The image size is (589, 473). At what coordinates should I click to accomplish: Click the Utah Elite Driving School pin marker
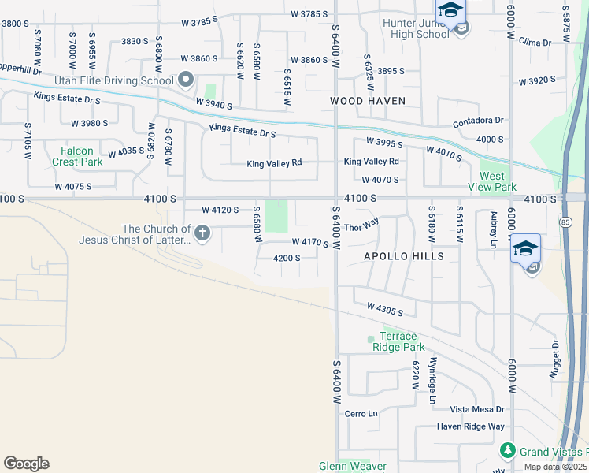[x=186, y=80]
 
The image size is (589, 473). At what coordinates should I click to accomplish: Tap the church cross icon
[x=202, y=233]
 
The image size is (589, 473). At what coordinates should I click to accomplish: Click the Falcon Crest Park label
[x=78, y=156]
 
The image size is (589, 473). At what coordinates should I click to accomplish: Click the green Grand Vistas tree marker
[x=508, y=451]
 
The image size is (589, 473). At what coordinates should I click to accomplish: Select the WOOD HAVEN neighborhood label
[x=367, y=101]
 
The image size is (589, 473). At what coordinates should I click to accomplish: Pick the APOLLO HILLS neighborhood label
[x=403, y=256]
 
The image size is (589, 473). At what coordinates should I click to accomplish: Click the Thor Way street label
[x=361, y=227]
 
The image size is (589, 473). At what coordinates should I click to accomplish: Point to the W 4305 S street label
[x=384, y=310]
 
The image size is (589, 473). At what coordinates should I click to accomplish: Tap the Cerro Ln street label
[x=361, y=413]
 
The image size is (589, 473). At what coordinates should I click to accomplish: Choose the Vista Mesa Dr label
[x=476, y=409]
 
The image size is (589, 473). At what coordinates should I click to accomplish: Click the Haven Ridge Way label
[x=470, y=426]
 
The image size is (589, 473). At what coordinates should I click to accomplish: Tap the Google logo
[x=26, y=463]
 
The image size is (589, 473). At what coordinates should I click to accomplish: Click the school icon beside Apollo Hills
[x=525, y=251]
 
